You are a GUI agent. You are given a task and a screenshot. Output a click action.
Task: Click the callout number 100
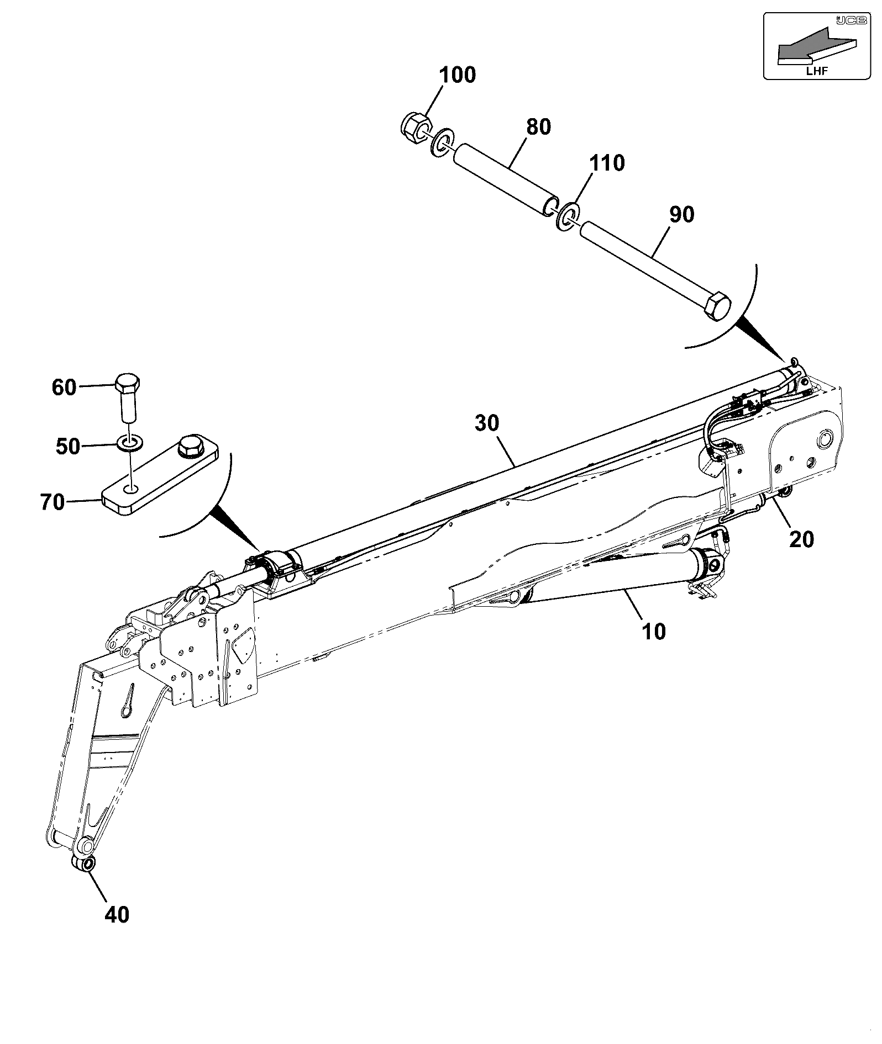(458, 75)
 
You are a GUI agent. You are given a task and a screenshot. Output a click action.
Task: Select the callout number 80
(539, 127)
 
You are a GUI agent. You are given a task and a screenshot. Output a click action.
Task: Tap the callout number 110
(607, 163)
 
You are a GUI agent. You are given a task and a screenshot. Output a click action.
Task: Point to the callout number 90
(681, 214)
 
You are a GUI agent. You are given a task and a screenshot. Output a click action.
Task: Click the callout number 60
(64, 388)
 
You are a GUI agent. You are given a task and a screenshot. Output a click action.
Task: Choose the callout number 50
(68, 446)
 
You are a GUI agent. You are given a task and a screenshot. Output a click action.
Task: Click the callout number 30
(487, 424)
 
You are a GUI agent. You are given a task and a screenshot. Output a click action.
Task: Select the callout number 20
(801, 539)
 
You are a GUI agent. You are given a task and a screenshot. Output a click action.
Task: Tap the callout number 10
(654, 631)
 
